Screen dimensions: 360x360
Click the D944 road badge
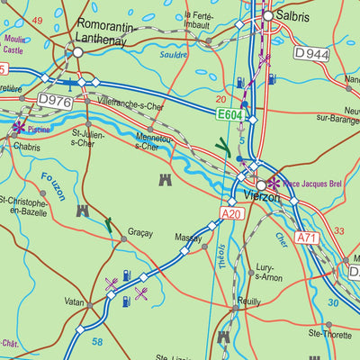click(x=312, y=54)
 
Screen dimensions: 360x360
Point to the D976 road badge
click(x=54, y=101)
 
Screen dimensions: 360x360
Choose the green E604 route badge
click(x=230, y=115)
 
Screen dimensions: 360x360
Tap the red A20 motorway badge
click(x=232, y=213)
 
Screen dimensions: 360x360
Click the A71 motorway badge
click(x=308, y=238)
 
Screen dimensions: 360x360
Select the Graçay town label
click(x=140, y=232)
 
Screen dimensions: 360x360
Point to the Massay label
click(x=188, y=238)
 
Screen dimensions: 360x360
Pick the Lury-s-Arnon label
click(x=269, y=273)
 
